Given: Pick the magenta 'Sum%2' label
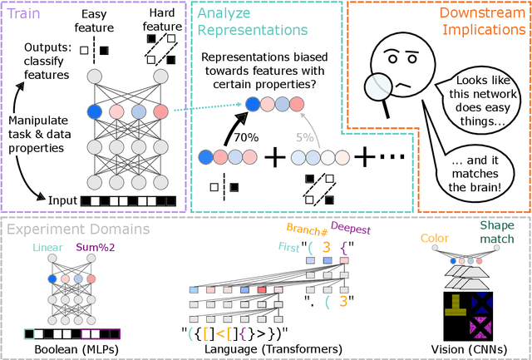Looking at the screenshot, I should pyautogui.click(x=97, y=247).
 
